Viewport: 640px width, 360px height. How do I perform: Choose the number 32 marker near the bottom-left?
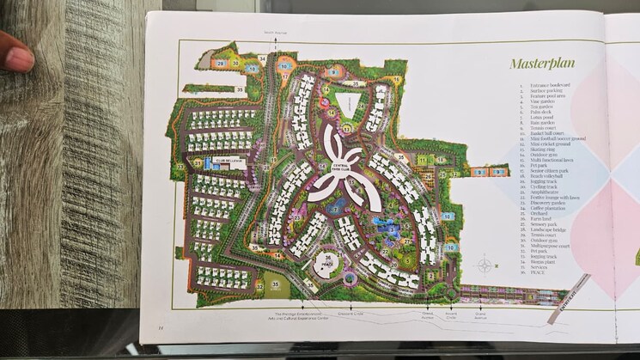pyautogui.click(x=259, y=285)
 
